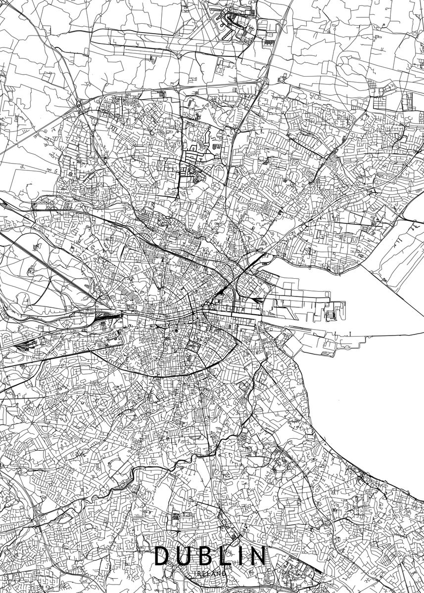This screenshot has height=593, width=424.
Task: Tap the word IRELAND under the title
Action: point(211,574)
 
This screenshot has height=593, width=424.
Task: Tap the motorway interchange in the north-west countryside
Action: point(79,104)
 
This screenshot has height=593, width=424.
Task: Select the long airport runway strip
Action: point(148,37)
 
